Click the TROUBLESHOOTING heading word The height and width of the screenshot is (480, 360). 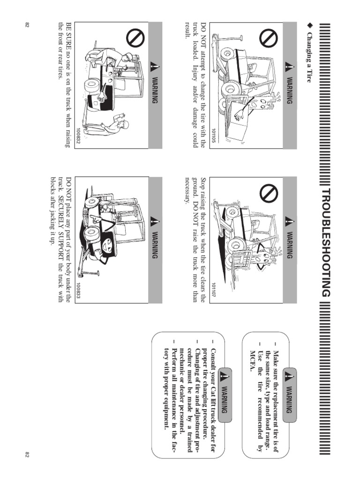coord(328,240)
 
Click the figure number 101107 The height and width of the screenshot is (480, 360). coord(213,290)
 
